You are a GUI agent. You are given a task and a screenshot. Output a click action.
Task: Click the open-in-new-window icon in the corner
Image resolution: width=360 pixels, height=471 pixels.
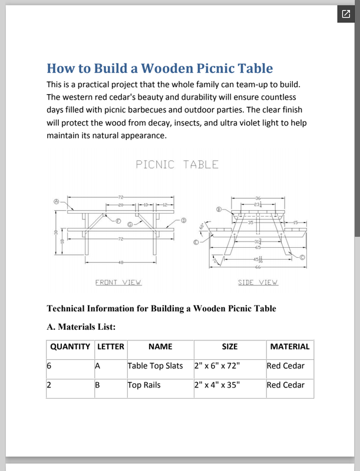pyautogui.click(x=346, y=14)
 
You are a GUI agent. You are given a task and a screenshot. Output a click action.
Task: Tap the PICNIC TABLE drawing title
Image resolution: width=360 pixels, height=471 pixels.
pyautogui.click(x=177, y=164)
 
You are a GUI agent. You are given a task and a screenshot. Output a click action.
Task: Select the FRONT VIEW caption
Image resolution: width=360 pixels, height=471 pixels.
pyautogui.click(x=118, y=283)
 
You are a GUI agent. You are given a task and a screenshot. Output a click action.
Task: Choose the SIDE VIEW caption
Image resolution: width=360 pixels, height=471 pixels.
pyautogui.click(x=257, y=283)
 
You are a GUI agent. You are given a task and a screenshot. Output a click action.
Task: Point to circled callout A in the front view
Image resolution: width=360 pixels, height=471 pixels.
pyautogui.click(x=57, y=201)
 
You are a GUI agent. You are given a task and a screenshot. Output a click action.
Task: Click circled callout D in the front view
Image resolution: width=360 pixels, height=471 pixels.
pyautogui.click(x=183, y=220)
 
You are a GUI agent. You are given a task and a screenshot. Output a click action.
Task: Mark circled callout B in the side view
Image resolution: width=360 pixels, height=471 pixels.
pyautogui.click(x=219, y=208)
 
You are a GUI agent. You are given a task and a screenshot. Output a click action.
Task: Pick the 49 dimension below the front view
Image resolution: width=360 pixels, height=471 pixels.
pyautogui.click(x=120, y=262)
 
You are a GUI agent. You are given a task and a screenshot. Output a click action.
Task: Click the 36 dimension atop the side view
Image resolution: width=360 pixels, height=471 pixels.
pyautogui.click(x=257, y=198)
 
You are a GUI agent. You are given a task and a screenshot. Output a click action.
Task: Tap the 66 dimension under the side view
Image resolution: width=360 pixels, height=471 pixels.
pyautogui.click(x=257, y=268)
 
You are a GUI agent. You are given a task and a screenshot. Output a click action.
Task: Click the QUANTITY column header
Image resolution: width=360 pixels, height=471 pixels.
pyautogui.click(x=70, y=347)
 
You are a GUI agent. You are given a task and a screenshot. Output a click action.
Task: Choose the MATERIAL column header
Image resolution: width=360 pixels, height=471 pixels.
pyautogui.click(x=289, y=347)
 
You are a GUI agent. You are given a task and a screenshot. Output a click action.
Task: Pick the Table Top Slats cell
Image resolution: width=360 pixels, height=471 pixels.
pyautogui.click(x=156, y=366)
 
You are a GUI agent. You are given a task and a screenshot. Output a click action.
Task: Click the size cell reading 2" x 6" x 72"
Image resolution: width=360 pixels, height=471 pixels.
pyautogui.click(x=217, y=366)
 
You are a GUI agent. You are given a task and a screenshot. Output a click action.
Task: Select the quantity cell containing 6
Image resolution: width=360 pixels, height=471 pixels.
pyautogui.click(x=49, y=366)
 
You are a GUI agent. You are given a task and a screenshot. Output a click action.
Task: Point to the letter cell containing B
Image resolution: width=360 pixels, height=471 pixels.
pyautogui.click(x=98, y=385)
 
